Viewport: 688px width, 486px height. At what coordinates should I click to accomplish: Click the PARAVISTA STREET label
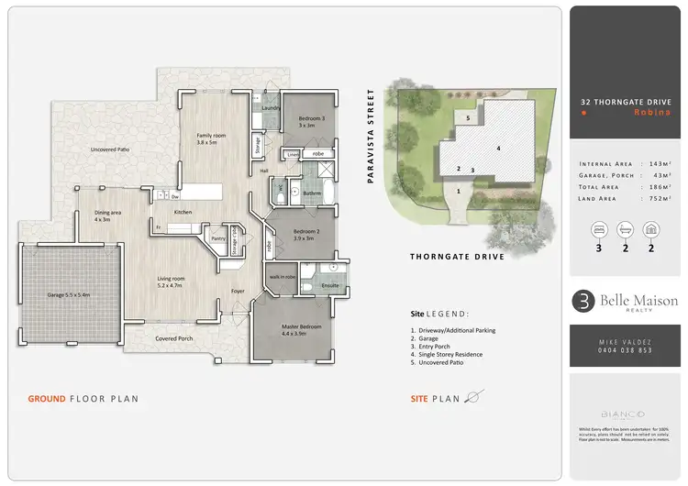point(372,137)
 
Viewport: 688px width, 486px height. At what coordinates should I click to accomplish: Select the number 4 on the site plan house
point(498,148)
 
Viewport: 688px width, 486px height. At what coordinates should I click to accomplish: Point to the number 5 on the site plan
point(467,118)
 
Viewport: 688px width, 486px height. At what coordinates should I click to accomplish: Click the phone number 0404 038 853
point(625,350)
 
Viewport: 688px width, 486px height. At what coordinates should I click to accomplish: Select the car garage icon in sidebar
point(651,228)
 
